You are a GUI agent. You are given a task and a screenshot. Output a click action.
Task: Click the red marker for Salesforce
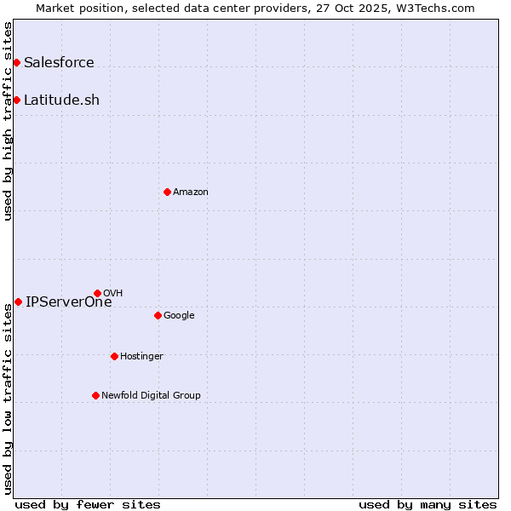click(x=16, y=62)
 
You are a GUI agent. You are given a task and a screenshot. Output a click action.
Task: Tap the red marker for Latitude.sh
click(x=16, y=100)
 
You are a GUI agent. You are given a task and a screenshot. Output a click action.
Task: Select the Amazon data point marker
click(x=167, y=192)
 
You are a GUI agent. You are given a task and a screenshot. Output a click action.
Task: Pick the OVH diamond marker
click(x=97, y=293)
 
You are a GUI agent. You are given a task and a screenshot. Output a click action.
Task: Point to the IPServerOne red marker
click(x=18, y=301)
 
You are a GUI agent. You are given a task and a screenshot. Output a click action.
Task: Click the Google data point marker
click(x=158, y=315)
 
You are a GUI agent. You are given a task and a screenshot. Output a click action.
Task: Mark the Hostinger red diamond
click(x=114, y=356)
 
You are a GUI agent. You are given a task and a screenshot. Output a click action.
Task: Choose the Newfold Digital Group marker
click(x=95, y=395)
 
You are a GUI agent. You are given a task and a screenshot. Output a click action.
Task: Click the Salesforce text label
click(x=59, y=62)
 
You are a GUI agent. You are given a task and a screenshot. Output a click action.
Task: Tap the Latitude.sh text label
click(x=61, y=100)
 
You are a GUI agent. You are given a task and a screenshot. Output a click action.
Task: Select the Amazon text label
click(x=191, y=192)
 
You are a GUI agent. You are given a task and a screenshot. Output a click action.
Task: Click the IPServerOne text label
click(x=68, y=301)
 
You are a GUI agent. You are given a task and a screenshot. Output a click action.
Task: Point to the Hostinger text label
click(x=141, y=356)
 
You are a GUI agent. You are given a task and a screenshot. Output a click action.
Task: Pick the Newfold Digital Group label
click(x=151, y=395)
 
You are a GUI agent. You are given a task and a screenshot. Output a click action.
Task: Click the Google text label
click(x=179, y=315)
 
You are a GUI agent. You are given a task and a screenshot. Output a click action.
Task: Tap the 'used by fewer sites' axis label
click(x=88, y=504)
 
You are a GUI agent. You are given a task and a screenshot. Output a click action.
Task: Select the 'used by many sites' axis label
click(x=428, y=504)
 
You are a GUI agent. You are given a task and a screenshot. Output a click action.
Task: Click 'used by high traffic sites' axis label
click(x=8, y=121)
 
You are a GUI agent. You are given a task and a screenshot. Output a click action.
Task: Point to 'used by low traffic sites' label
click(x=8, y=399)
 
